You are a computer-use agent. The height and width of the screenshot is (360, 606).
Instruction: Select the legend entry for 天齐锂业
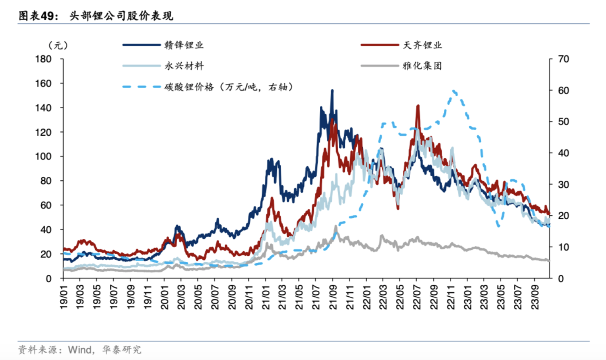(x=423, y=44)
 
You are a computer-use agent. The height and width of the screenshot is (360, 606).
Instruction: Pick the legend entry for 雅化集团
(x=423, y=66)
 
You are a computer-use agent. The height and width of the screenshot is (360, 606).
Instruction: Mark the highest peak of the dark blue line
(x=332, y=90)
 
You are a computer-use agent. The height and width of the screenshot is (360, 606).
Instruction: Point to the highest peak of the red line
(x=418, y=106)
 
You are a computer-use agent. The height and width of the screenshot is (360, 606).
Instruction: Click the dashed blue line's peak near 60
(x=454, y=91)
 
